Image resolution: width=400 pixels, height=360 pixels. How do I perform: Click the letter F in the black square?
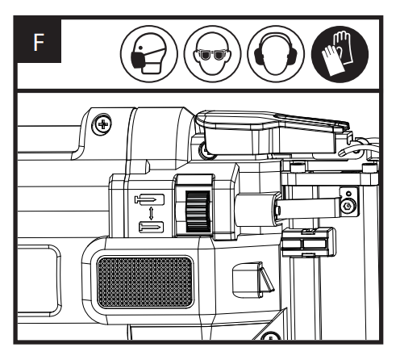(x=38, y=42)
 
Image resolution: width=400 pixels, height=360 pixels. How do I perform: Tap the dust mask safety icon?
(x=148, y=54)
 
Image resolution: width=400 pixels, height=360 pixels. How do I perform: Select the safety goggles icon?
(x=212, y=54)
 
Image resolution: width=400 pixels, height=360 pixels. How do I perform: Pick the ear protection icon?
(x=276, y=54)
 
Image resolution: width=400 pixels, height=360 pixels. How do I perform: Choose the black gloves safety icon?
(x=340, y=54)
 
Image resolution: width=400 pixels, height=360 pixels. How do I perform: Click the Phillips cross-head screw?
(x=102, y=124)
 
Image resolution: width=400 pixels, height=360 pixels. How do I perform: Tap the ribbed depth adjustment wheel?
(x=198, y=211)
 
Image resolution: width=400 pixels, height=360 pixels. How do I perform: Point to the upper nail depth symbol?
(x=149, y=199)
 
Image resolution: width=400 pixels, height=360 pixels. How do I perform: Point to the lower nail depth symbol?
(x=151, y=228)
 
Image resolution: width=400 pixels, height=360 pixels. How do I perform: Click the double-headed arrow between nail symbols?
(x=151, y=213)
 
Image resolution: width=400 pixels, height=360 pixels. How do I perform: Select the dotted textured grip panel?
(x=145, y=283)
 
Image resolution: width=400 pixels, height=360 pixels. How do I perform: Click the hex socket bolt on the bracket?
(x=348, y=206)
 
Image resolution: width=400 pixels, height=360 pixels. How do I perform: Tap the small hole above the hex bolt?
(x=348, y=194)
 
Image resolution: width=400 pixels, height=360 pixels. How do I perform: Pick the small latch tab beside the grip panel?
(x=252, y=280)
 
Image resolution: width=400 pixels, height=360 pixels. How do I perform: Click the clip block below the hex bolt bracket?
(x=309, y=242)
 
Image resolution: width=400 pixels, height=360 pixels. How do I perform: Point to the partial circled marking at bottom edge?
(x=271, y=336)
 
